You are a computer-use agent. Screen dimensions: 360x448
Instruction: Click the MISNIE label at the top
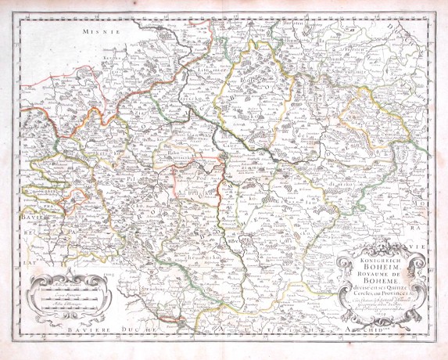tap(102, 32)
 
